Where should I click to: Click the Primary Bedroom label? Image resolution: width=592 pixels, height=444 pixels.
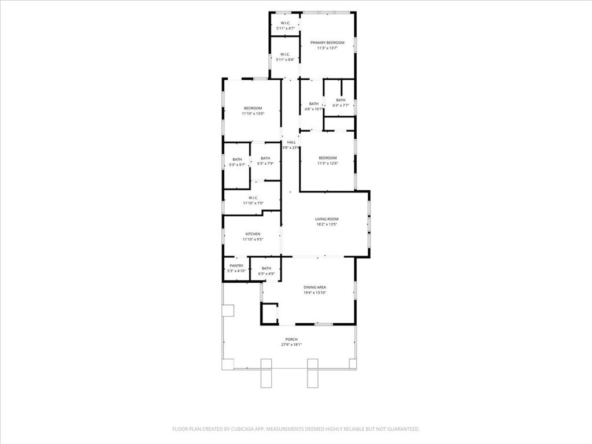[x=327, y=43]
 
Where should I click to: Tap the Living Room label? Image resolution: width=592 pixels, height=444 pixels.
[x=327, y=219]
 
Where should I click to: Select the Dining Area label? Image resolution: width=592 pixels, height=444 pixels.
[x=315, y=287]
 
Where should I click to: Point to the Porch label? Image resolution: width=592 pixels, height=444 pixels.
[x=291, y=339]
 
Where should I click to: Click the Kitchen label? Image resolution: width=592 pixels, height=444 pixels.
[x=253, y=234]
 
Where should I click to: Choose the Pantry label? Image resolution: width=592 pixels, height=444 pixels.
[x=236, y=266]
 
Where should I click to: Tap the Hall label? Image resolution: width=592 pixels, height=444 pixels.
[x=291, y=142]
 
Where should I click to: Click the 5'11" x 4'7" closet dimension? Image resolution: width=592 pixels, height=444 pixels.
[x=285, y=28]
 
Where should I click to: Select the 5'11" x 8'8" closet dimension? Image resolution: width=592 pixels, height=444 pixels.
[x=285, y=60]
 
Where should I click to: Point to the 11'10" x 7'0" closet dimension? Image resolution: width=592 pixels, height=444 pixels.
[x=253, y=203]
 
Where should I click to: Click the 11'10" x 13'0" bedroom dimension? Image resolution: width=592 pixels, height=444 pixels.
[x=253, y=114]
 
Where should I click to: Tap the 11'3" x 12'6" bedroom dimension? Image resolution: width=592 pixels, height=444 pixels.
[x=327, y=163]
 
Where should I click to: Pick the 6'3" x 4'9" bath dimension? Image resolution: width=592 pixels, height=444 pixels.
[x=266, y=273]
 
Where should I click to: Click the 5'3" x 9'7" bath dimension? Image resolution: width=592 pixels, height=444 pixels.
[x=237, y=165]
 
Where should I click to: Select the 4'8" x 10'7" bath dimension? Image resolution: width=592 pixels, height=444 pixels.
[x=313, y=109]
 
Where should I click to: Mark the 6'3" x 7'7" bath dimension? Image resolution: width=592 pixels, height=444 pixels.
[x=341, y=105]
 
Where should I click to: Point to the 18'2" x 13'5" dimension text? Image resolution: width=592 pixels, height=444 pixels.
[x=327, y=224]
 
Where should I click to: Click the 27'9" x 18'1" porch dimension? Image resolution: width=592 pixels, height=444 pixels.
[x=291, y=345]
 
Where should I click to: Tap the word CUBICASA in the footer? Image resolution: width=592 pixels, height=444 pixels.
[x=238, y=429]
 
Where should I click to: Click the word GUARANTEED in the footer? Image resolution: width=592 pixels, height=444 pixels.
[x=399, y=429]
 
